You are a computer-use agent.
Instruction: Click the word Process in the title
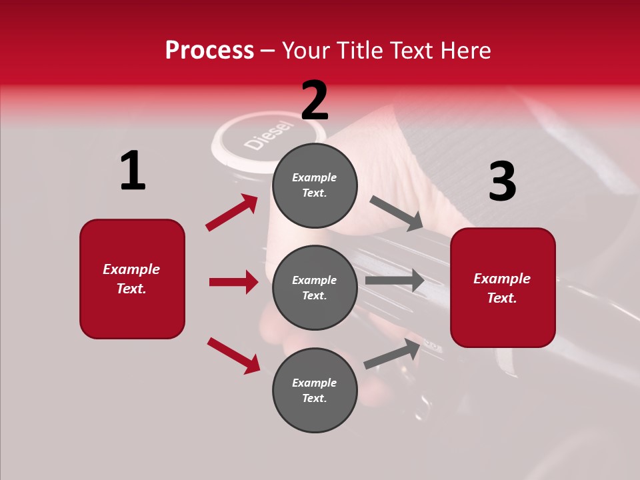click(x=209, y=51)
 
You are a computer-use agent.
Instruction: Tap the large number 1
click(x=133, y=171)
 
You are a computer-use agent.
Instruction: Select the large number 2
click(x=314, y=100)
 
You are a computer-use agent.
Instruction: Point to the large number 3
click(x=502, y=181)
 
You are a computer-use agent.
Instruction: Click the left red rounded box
click(x=132, y=279)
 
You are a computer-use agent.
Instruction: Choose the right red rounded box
click(x=503, y=287)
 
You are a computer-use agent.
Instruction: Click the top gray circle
click(x=315, y=185)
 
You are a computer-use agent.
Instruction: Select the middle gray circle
click(x=315, y=287)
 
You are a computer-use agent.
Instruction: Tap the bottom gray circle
click(x=315, y=390)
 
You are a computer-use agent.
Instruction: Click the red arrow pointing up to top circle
click(x=231, y=213)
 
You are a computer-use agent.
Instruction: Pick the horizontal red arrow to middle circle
click(x=233, y=282)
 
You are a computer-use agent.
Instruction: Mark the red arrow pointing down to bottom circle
click(x=233, y=355)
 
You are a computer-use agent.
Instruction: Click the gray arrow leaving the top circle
click(x=397, y=213)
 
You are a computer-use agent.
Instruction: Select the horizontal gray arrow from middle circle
click(x=395, y=281)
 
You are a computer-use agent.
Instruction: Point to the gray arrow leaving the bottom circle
click(x=393, y=354)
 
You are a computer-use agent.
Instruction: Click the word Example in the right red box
click(x=502, y=279)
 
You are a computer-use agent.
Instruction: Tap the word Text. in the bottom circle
click(x=314, y=398)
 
